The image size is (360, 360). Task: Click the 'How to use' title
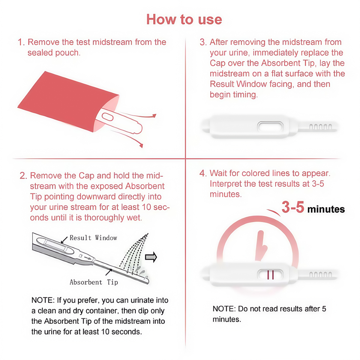[x=184, y=19]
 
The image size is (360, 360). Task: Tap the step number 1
[x=21, y=42]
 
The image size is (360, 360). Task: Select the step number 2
[x=23, y=176]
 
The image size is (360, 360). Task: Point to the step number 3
[x=203, y=42]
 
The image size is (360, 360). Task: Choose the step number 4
[x=203, y=173]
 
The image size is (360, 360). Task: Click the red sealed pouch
[x=68, y=101]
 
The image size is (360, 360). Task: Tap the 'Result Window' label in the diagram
[x=93, y=238]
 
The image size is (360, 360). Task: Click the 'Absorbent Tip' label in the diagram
[x=94, y=282]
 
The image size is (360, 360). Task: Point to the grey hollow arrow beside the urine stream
[x=151, y=257]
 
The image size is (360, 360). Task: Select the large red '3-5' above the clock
[x=293, y=207]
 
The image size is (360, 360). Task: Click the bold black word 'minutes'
[x=326, y=209]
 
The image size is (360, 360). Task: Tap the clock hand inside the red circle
[x=261, y=246]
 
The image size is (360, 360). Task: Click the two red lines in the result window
[x=270, y=275]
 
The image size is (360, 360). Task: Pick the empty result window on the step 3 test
[x=270, y=126]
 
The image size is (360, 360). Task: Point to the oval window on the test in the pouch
[x=108, y=117]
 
